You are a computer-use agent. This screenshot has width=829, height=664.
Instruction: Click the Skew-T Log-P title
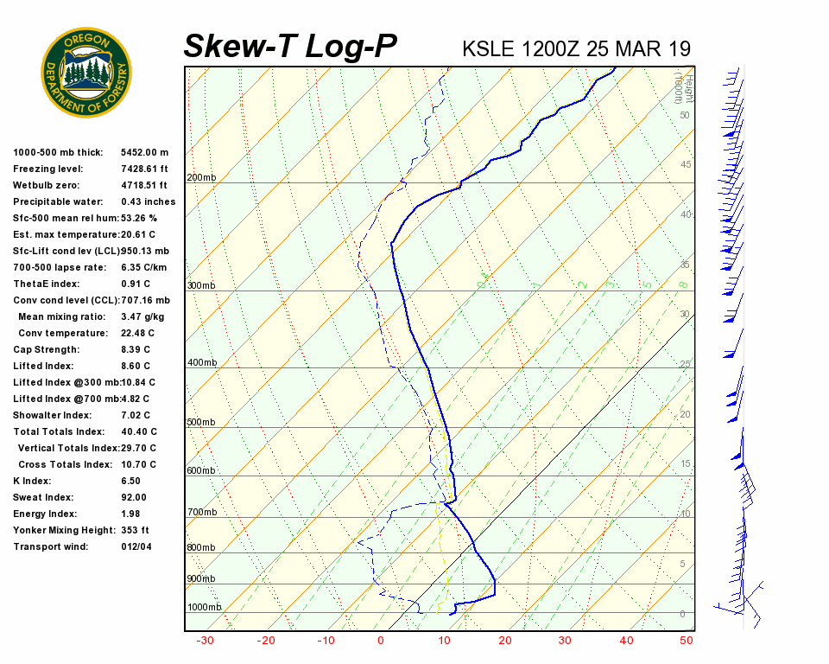tap(290, 46)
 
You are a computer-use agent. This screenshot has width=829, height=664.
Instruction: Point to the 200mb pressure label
tap(201, 178)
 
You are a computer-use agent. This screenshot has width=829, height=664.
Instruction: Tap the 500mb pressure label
tap(201, 423)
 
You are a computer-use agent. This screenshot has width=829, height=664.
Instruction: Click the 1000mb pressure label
tap(205, 608)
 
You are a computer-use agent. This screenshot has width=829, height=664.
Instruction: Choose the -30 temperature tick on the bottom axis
tap(205, 641)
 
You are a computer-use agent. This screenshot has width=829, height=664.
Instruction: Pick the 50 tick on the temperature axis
tap(687, 641)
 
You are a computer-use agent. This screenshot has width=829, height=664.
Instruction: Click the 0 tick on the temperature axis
tap(381, 641)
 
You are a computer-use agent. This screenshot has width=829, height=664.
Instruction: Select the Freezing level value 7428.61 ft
tap(144, 169)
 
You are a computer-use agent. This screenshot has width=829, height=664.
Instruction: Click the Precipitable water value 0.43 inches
tap(148, 202)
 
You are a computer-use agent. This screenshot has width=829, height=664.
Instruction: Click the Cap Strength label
tap(46, 350)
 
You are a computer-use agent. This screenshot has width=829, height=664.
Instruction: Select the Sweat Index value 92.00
tap(134, 498)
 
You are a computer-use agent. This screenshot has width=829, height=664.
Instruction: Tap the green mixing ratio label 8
tap(682, 284)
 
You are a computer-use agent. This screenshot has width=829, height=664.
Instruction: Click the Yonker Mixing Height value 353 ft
tap(136, 531)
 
